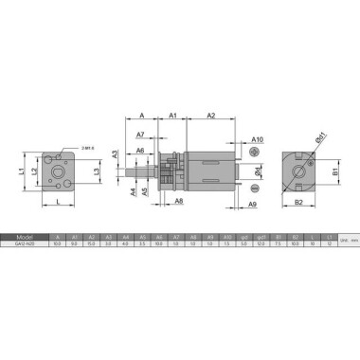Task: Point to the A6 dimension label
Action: click(139, 151)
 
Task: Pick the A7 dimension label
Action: click(140, 135)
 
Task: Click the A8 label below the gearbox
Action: click(178, 202)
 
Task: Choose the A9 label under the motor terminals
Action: click(253, 204)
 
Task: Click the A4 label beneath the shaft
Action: click(132, 190)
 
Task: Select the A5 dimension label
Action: click(144, 191)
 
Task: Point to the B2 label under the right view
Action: click(297, 203)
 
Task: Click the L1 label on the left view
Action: click(21, 171)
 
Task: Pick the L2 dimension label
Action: click(35, 171)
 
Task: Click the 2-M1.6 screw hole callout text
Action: click(87, 148)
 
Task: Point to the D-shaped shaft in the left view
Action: click(63, 173)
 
